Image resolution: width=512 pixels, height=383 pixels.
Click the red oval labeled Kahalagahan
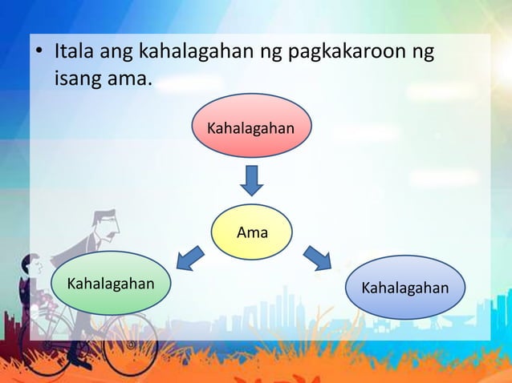(250, 126)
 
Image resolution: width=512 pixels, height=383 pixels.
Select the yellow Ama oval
(252, 232)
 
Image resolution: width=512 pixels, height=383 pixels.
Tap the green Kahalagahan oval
(111, 283)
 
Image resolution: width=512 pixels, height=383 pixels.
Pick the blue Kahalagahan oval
(405, 287)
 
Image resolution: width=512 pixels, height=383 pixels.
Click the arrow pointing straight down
(251, 180)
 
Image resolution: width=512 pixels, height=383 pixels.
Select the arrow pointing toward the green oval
(189, 258)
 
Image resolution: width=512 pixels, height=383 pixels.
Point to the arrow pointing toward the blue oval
(317, 258)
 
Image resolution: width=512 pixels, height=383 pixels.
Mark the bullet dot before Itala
(37, 55)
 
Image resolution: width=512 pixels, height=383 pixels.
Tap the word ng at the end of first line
(422, 54)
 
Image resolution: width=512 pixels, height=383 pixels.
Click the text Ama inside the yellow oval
(252, 232)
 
